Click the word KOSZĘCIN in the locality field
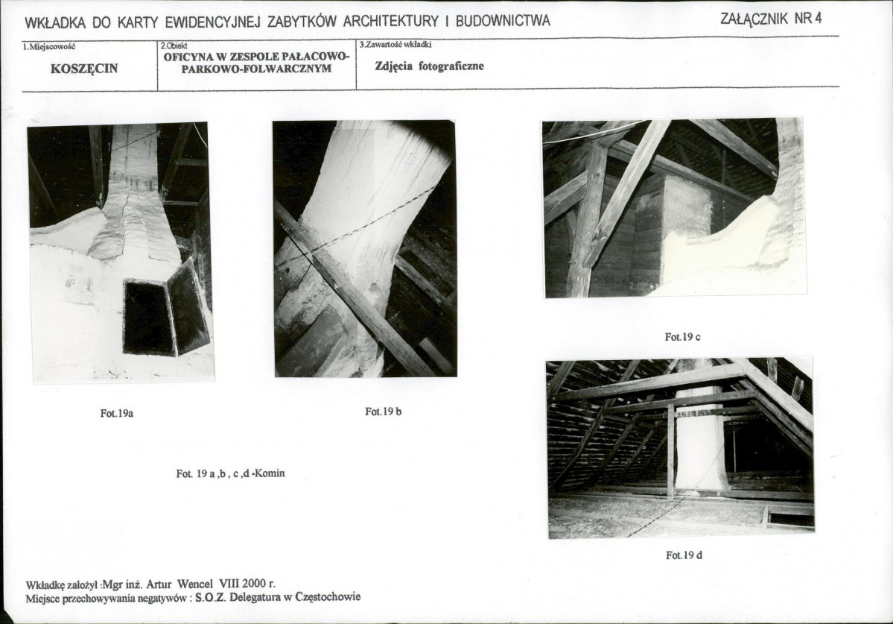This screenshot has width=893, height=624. [84, 69]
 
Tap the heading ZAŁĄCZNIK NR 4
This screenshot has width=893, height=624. [771, 18]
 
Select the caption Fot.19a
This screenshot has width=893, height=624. [117, 414]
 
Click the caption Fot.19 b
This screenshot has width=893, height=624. [384, 412]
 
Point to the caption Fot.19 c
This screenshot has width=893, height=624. [683, 337]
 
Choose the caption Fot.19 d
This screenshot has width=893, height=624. [684, 555]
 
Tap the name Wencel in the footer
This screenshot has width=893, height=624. [195, 584]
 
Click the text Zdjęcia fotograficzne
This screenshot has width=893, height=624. [430, 66]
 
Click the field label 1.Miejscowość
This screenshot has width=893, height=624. [49, 46]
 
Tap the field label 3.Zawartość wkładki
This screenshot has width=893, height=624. [395, 45]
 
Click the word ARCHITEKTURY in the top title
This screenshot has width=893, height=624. [391, 22]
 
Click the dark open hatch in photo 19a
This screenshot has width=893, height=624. [149, 316]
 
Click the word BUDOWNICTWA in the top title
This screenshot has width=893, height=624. [503, 21]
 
